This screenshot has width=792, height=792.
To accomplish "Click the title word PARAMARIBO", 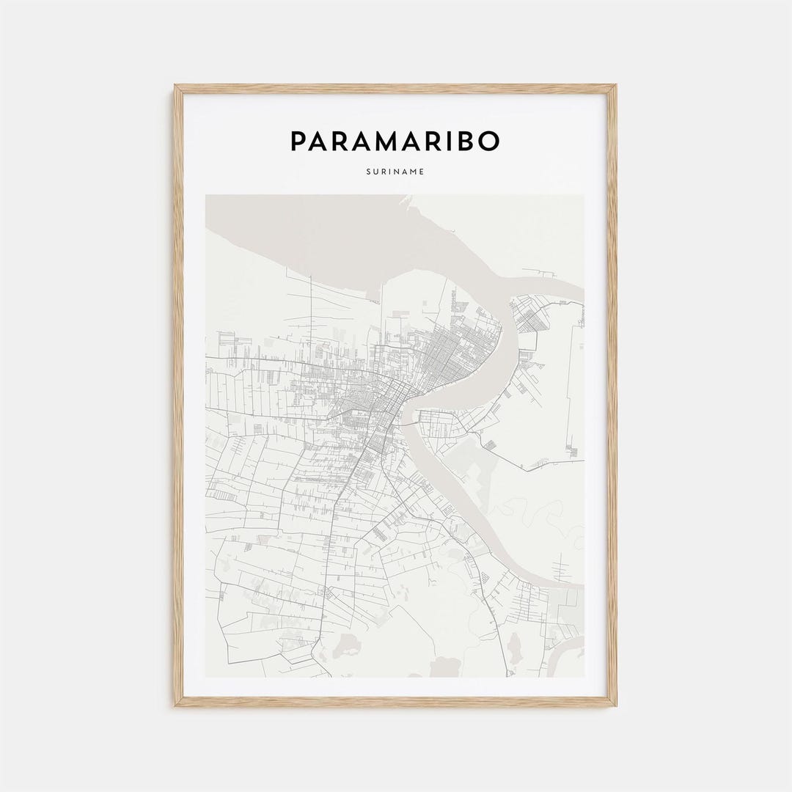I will (x=395, y=142).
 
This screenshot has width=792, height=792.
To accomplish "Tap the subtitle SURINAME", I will (x=395, y=173).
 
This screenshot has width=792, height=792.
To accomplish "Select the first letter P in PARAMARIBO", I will (x=299, y=142).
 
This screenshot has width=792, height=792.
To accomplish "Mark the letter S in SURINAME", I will (x=367, y=173).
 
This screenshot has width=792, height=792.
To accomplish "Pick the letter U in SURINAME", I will (x=375, y=173).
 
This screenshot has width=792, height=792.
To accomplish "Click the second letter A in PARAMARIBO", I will (x=342, y=142).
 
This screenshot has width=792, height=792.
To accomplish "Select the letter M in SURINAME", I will (x=414, y=173).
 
